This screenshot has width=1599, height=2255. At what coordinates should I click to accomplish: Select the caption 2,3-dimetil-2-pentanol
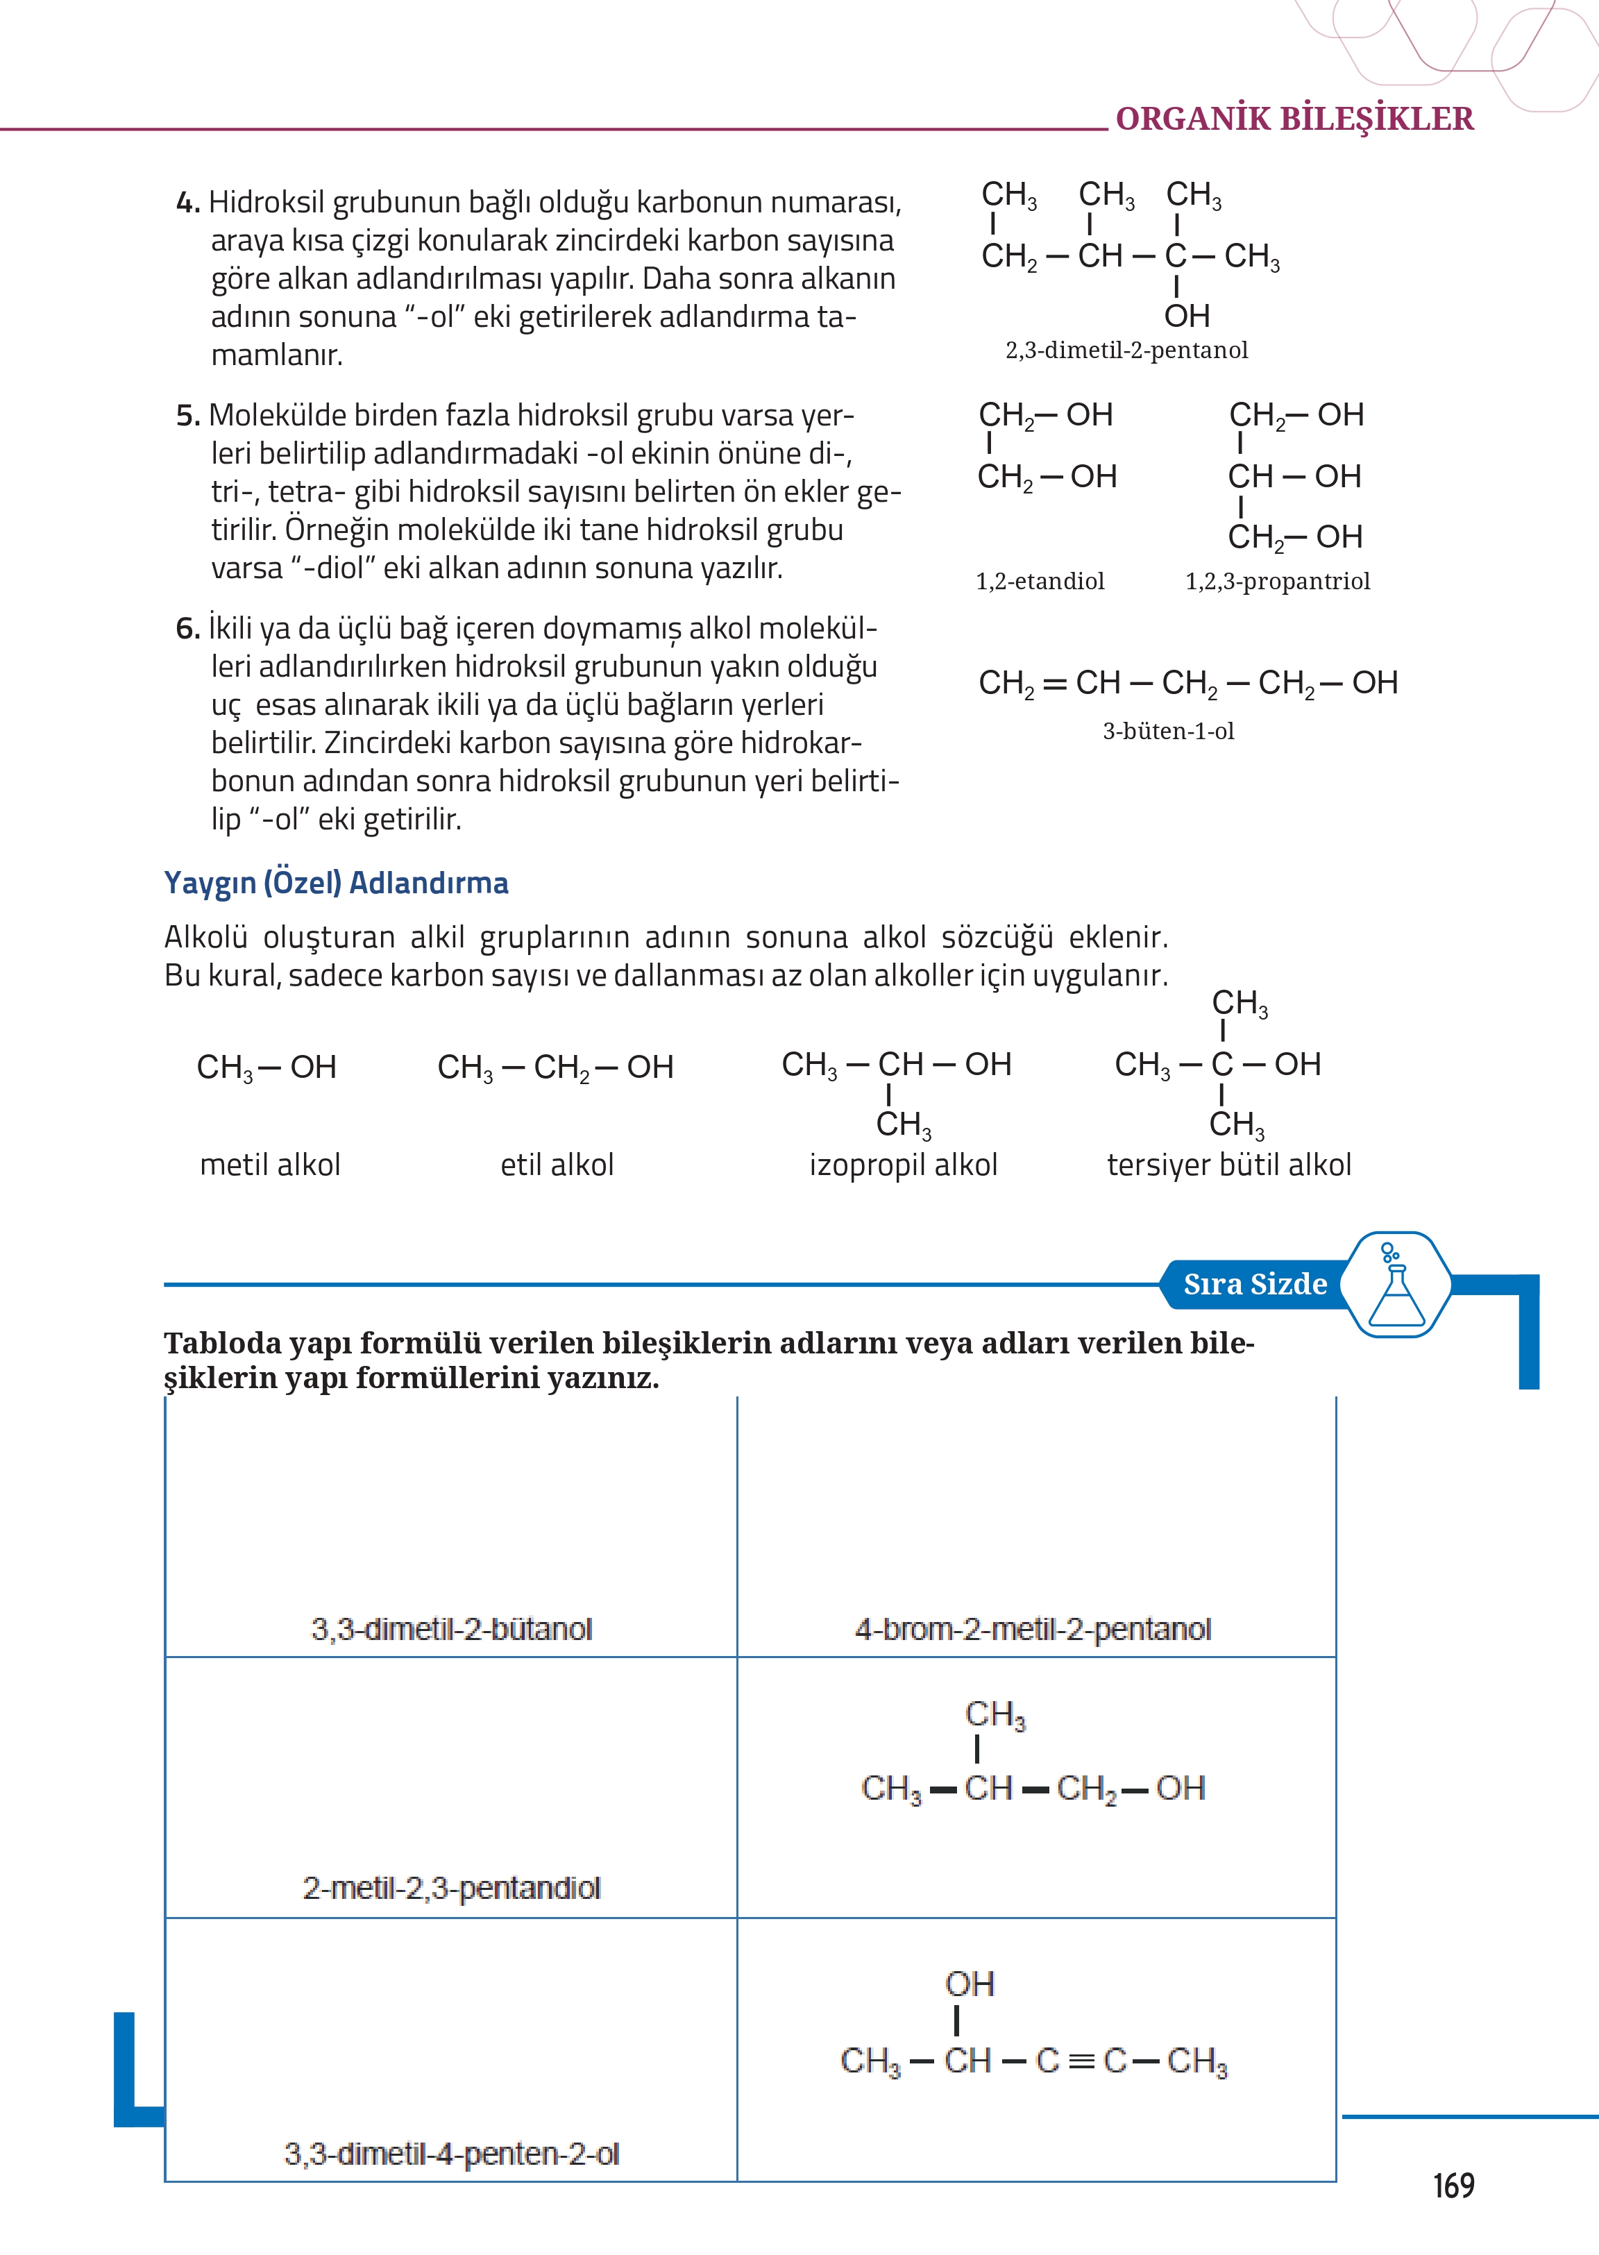tap(1126, 351)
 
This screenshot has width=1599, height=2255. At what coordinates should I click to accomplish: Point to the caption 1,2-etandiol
tap(1040, 581)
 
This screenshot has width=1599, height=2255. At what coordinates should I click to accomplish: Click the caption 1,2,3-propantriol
tap(1277, 581)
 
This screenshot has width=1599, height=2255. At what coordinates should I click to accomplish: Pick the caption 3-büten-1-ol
tap(1168, 731)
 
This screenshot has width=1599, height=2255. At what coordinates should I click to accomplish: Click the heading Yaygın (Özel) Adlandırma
tap(336, 882)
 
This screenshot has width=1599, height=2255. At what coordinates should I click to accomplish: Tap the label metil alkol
tap(270, 1165)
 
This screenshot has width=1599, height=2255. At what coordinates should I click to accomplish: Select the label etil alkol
tap(557, 1165)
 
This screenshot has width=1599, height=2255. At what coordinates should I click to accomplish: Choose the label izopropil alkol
tap(903, 1165)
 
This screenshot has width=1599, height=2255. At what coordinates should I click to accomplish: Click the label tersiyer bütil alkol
tap(1229, 1165)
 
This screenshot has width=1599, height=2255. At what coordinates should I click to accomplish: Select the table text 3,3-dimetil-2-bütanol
tap(451, 1630)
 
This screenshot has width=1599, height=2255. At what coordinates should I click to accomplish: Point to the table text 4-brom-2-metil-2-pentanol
tap(1033, 1630)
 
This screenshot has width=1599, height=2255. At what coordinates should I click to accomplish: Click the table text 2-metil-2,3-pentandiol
tap(451, 1889)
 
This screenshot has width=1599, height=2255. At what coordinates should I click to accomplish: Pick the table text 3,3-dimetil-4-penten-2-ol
tap(451, 2154)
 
